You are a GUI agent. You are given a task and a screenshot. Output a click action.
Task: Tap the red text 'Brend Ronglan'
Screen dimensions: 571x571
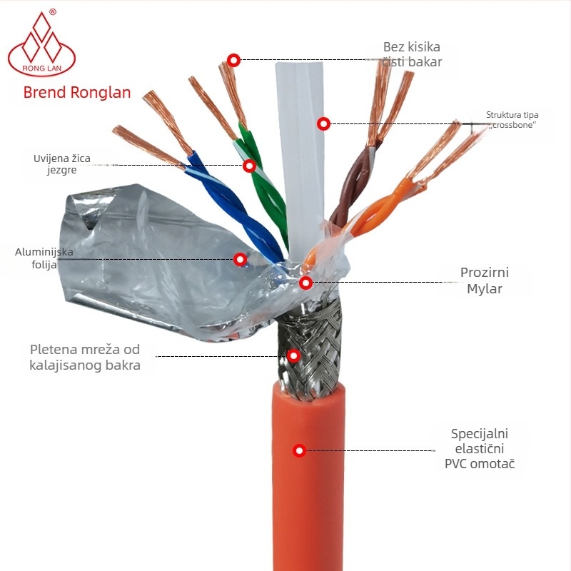[77, 93]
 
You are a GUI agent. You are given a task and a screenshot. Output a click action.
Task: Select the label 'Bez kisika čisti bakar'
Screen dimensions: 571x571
[412, 54]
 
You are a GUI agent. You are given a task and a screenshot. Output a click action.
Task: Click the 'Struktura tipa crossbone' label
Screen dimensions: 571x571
[512, 120]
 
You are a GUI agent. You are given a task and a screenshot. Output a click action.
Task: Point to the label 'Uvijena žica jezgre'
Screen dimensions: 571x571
[62, 164]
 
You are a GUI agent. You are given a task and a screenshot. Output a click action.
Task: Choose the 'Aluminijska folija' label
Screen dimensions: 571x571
[44, 258]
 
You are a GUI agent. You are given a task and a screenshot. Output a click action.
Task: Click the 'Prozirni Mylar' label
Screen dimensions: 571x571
[485, 281]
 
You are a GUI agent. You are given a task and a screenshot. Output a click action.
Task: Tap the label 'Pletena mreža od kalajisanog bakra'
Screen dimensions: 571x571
[85, 358]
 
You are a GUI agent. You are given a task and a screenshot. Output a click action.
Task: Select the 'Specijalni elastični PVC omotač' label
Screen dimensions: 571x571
[480, 449]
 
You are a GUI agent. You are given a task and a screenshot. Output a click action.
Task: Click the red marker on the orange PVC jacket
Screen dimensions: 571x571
[299, 450]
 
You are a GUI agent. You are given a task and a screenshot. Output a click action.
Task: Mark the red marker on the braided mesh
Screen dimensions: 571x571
[293, 355]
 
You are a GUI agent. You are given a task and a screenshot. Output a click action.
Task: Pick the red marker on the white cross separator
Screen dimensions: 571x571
[323, 123]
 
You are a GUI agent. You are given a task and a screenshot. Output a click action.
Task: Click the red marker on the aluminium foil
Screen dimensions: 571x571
[240, 259]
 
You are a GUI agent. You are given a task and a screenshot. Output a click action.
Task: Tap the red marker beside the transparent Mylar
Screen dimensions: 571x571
[306, 283]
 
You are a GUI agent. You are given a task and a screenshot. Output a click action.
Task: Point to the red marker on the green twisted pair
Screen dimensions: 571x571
[249, 166]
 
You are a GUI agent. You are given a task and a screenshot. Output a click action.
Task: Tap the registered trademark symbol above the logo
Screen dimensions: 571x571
[53, 12]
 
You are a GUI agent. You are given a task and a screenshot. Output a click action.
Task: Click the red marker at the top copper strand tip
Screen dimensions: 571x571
[234, 60]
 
